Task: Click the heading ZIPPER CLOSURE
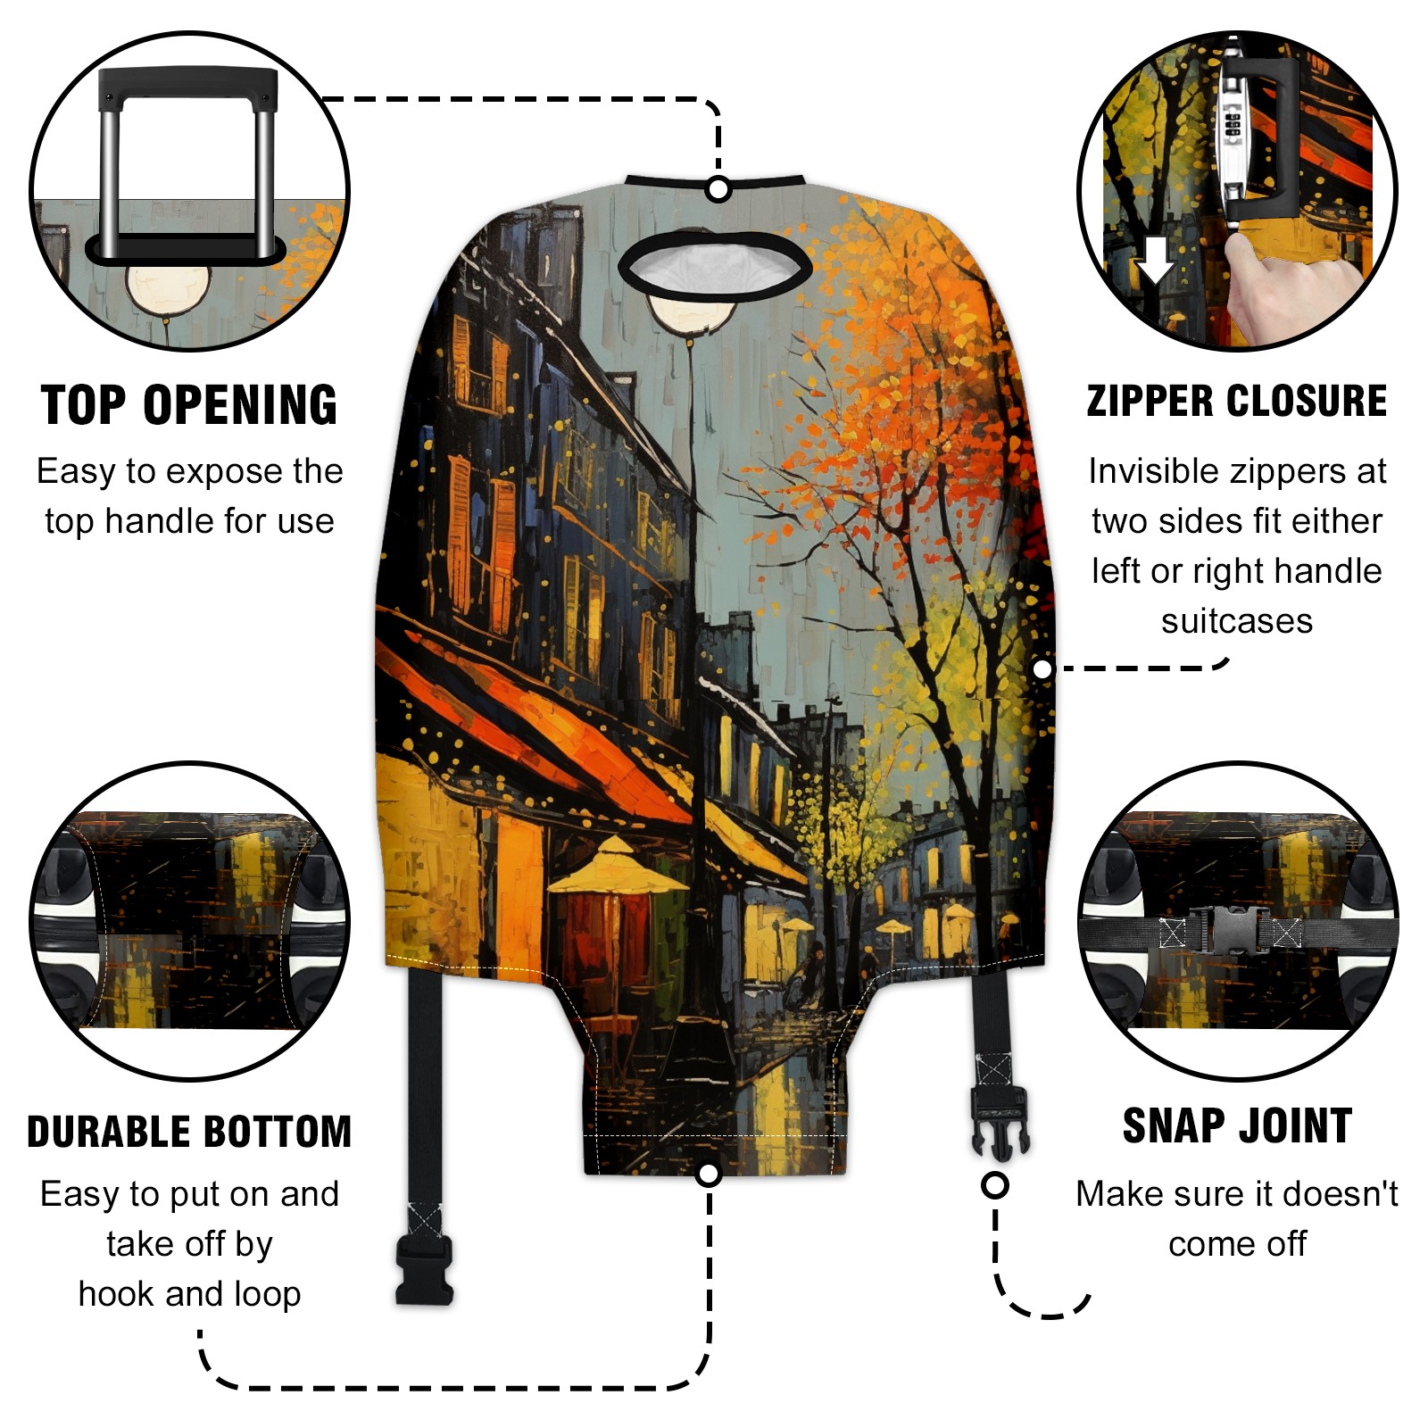(x=1237, y=401)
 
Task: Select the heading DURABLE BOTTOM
(x=189, y=1132)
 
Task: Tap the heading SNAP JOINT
(x=1237, y=1125)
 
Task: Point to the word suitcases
(x=1237, y=621)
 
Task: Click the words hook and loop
(x=189, y=1294)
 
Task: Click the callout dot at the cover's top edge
(x=718, y=189)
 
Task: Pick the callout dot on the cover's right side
(x=1042, y=668)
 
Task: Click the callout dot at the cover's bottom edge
(x=709, y=1174)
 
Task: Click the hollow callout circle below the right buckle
(x=995, y=1185)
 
